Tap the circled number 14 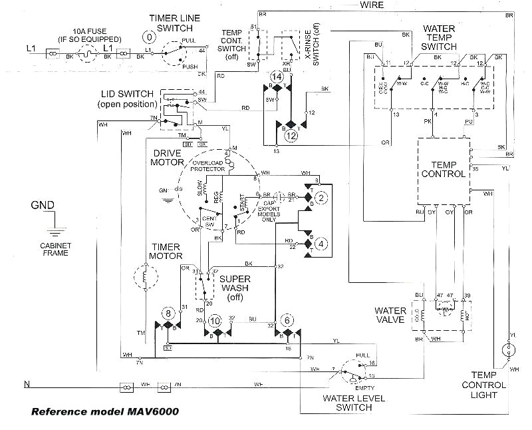coord(277,77)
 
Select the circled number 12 coord(291,135)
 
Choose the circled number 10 coord(214,320)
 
